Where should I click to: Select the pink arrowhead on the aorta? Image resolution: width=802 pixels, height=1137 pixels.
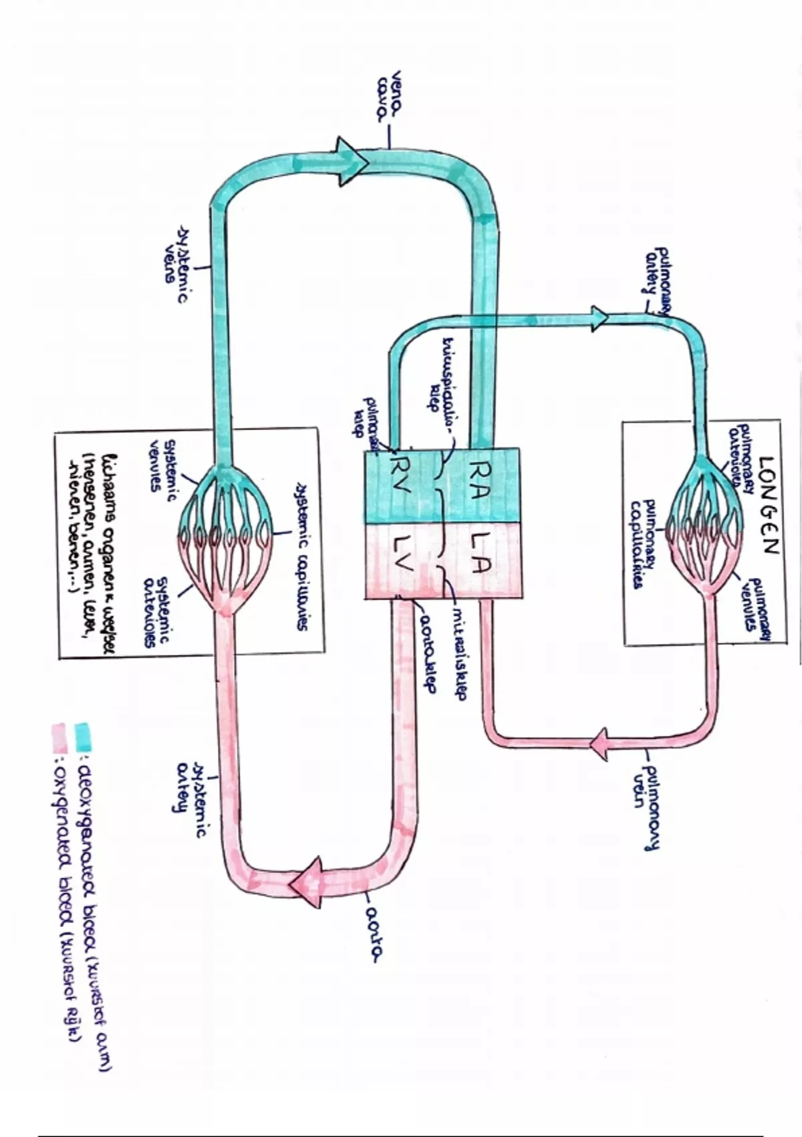[307, 884]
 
